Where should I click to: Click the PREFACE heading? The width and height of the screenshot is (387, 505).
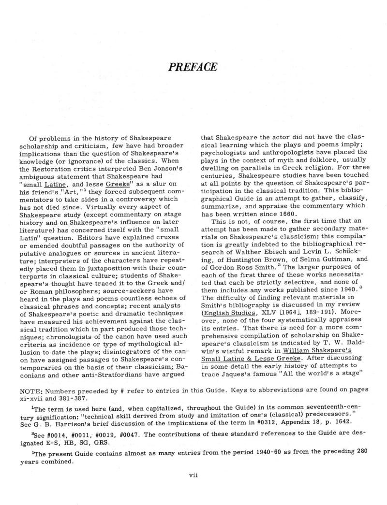193,67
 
